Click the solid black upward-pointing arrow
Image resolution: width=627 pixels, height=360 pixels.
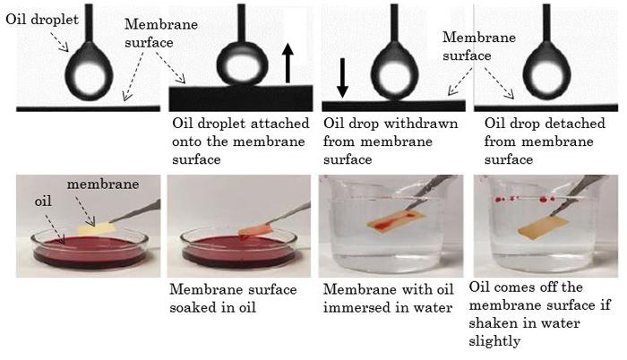point(288,64)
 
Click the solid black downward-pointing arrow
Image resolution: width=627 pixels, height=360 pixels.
point(342,78)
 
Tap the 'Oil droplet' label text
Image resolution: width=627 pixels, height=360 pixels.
point(42,20)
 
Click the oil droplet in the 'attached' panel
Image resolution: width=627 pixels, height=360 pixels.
point(242,64)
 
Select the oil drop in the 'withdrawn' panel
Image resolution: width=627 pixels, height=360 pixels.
point(394,72)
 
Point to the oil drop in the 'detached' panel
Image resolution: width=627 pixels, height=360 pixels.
point(546,72)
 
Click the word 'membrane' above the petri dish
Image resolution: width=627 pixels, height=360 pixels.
point(103,184)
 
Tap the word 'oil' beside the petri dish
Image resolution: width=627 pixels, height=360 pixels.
point(43,201)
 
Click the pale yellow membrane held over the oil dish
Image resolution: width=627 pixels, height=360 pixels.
point(96,227)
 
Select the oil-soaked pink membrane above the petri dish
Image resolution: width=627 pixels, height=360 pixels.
point(255,230)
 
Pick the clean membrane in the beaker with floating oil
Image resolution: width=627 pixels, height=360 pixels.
point(543,227)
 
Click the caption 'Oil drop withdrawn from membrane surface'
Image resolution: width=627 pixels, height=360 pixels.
point(391,141)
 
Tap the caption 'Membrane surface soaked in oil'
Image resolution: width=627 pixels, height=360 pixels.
point(233,298)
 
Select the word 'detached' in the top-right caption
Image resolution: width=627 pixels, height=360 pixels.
point(574,124)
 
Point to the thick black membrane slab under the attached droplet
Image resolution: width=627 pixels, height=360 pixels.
point(241,99)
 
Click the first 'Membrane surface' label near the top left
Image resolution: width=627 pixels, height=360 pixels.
point(161,33)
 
